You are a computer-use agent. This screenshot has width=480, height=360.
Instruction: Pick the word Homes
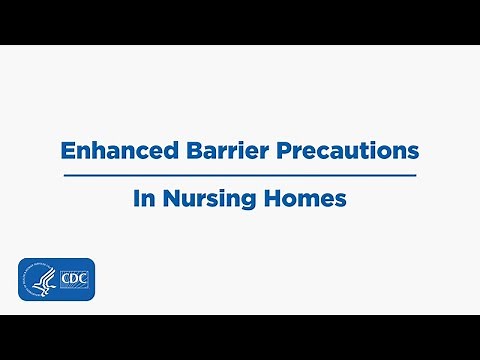[x=306, y=199]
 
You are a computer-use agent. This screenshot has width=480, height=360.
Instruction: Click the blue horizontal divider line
[x=240, y=175]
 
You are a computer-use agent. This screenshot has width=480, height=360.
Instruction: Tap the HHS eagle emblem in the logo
[x=39, y=281]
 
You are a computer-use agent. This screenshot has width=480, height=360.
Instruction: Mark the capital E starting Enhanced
[x=67, y=151]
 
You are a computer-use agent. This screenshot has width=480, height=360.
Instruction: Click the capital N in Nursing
[x=166, y=199]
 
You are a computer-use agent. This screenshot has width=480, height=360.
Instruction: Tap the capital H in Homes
[x=273, y=199]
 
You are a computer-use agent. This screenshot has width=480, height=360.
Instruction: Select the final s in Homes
[x=341, y=200]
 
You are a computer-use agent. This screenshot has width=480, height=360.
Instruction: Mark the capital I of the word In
[x=136, y=199]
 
